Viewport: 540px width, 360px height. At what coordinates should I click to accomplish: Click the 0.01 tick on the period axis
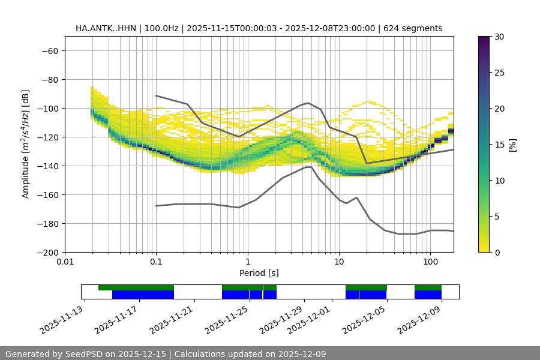click(65, 262)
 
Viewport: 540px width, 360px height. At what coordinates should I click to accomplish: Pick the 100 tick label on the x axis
click(430, 262)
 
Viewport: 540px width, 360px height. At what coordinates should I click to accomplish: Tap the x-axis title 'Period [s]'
click(259, 273)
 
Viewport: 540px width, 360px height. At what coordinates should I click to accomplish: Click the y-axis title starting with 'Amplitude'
click(26, 144)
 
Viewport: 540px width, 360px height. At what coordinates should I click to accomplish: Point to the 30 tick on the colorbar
click(499, 37)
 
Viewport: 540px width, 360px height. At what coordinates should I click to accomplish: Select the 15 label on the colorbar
click(499, 145)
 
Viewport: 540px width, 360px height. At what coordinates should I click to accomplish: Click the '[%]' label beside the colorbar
click(512, 144)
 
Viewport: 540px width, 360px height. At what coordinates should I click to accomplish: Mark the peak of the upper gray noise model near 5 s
click(308, 103)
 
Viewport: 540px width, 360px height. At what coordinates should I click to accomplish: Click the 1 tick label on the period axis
click(247, 262)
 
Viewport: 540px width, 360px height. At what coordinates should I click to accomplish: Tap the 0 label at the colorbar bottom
click(497, 252)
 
